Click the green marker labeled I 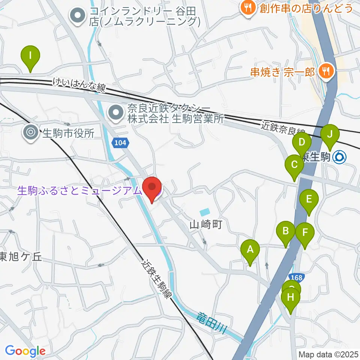30,57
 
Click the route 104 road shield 121,143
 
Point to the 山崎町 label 206,225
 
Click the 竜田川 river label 212,324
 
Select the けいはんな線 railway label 79,84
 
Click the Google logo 25,351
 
